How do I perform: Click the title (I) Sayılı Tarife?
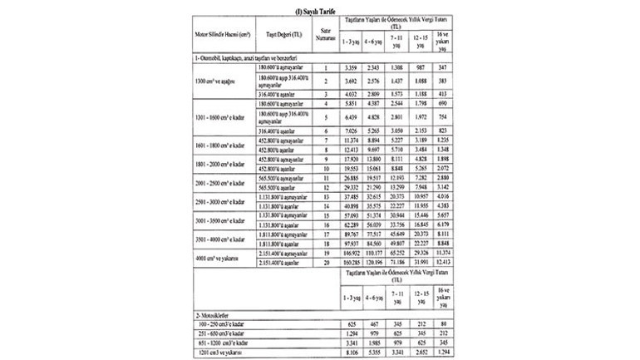[x=320, y=7]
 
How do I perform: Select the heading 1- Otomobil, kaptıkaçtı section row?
[x=241, y=57]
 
